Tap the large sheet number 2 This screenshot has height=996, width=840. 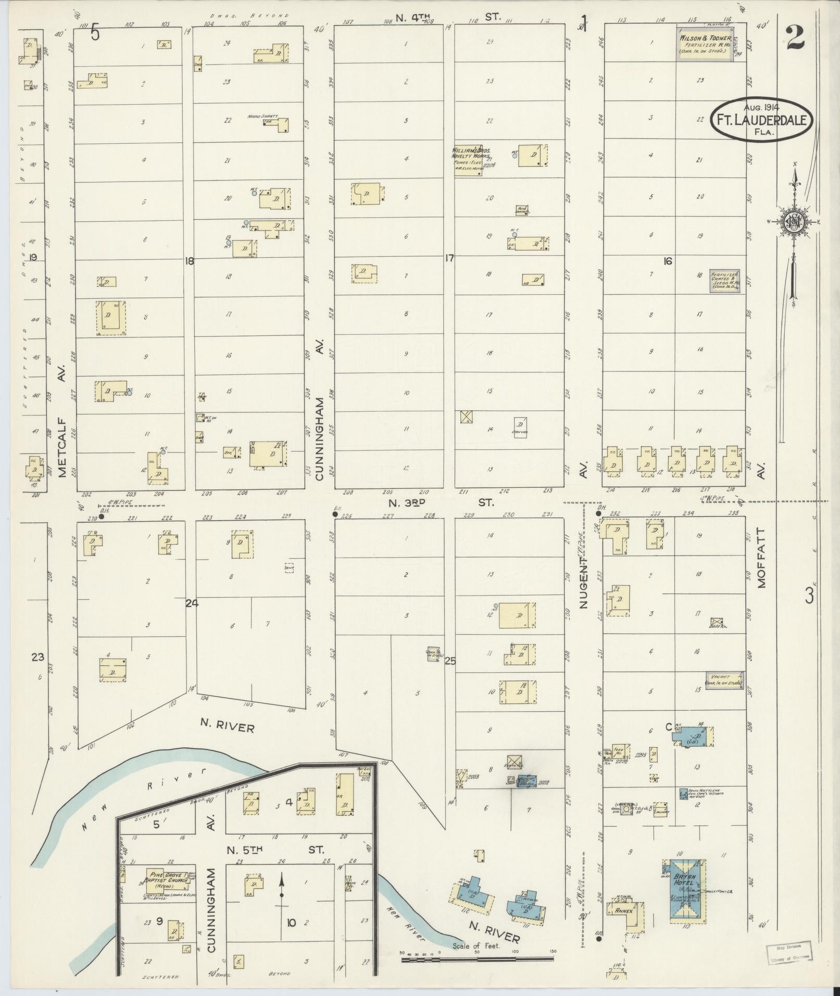point(795,37)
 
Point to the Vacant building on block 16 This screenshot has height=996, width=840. point(724,680)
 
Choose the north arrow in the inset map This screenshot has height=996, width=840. point(281,891)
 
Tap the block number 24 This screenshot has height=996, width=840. point(192,603)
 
